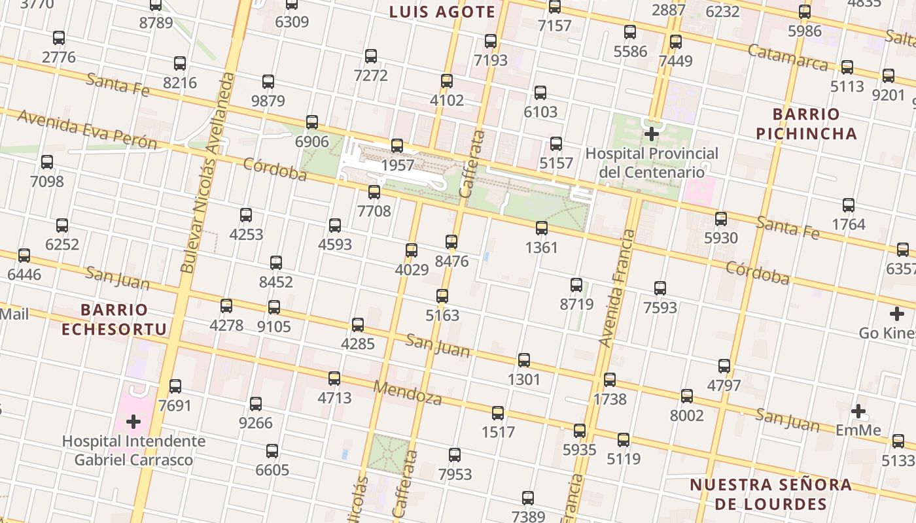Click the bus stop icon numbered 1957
397,146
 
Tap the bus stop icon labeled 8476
451,242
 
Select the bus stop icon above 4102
447,81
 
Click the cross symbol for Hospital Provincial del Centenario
652,134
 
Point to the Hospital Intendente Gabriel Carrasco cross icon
133,422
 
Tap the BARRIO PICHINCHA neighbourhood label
806,124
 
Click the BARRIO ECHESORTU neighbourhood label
114,318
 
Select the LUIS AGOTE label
442,12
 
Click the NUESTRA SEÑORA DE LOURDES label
771,494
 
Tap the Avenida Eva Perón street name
87,129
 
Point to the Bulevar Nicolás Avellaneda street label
207,173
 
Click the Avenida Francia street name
617,288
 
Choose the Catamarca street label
788,58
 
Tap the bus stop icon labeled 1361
542,228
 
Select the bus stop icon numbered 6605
272,450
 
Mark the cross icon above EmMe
858,411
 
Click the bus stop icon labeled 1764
849,205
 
